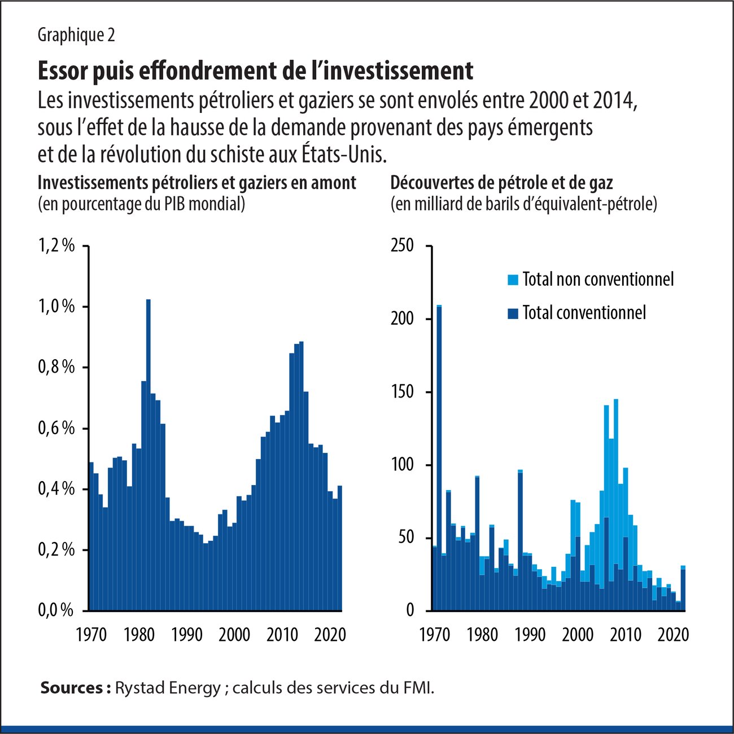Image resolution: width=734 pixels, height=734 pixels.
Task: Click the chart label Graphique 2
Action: click(76, 35)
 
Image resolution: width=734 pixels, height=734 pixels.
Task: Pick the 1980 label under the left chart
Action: click(139, 635)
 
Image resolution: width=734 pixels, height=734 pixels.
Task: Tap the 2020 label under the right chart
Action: click(674, 635)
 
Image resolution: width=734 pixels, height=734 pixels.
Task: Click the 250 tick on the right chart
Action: click(403, 246)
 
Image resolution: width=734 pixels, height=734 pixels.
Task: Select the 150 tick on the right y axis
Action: click(403, 392)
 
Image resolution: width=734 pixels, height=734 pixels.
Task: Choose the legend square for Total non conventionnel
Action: click(513, 279)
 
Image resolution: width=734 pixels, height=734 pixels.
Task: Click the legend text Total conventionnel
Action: click(584, 313)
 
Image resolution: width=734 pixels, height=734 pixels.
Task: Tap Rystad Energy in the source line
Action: click(168, 688)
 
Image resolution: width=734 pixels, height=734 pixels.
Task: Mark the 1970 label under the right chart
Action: click(435, 635)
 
